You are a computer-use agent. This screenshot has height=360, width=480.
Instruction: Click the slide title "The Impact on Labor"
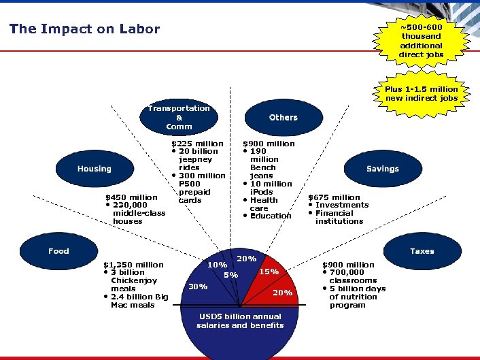point(84,29)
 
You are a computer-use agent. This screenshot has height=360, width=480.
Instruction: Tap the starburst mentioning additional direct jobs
point(421,40)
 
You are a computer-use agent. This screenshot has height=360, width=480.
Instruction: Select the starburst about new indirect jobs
point(421,93)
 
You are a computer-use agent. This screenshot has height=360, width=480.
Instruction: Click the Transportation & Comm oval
point(179,117)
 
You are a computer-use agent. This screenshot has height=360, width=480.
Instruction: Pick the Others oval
point(283,117)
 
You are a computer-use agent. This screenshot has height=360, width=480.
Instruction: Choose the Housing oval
point(94,169)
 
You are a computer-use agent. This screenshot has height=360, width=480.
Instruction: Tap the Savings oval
point(382,169)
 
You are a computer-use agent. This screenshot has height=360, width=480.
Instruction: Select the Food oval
point(58,251)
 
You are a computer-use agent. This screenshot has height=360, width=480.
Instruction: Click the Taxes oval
point(422,251)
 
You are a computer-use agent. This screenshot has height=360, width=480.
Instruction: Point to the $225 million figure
point(196,144)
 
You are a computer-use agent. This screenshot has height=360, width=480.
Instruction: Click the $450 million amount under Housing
point(131,197)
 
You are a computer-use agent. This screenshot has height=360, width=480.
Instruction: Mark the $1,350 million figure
point(133,265)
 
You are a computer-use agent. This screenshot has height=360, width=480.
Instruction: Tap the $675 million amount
point(335,197)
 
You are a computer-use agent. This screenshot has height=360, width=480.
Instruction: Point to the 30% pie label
point(198,287)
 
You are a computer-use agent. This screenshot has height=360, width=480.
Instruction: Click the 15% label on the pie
point(269,272)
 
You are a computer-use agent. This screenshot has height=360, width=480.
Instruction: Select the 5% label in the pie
point(231,275)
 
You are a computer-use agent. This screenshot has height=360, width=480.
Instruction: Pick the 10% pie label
point(218,265)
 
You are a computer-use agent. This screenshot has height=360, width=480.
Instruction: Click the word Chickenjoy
point(134,280)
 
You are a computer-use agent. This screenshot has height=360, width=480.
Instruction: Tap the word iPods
point(262,192)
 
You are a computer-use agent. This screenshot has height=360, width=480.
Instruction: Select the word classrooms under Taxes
point(352,280)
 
